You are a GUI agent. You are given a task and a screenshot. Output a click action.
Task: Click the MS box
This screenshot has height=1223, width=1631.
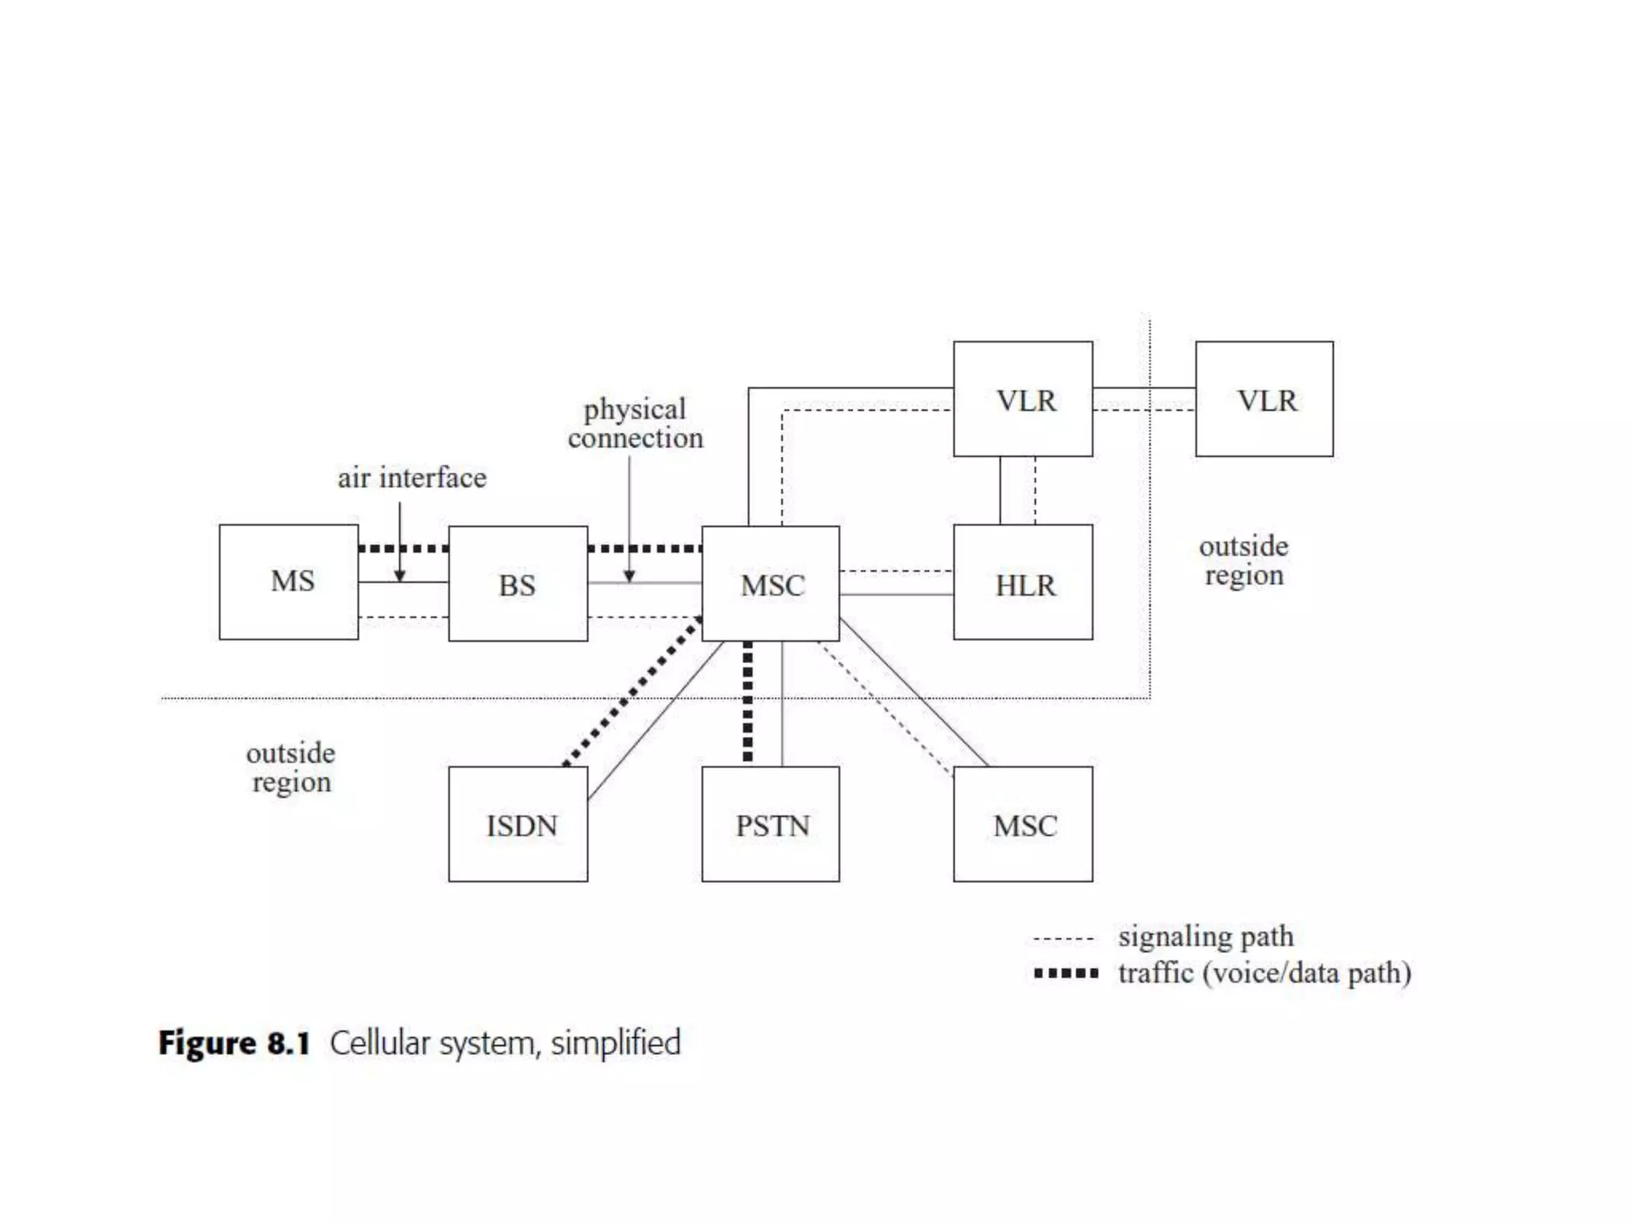click(288, 581)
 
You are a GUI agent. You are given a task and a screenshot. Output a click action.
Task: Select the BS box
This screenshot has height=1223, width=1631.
click(518, 584)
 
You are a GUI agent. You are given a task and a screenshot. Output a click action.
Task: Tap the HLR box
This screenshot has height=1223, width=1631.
click(1023, 582)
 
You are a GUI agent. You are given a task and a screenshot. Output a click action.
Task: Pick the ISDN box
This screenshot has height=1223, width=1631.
click(518, 824)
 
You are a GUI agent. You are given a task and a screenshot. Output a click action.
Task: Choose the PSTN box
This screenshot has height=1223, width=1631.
click(770, 824)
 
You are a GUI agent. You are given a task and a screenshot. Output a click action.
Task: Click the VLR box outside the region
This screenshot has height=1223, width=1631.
click(1264, 399)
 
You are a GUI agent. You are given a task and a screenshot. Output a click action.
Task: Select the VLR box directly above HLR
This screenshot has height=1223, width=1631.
click(1023, 399)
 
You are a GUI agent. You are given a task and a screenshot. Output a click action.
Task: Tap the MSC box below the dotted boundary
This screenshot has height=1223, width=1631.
click(1023, 824)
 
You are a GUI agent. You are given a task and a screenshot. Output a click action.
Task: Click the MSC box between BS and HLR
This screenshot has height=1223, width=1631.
click(770, 584)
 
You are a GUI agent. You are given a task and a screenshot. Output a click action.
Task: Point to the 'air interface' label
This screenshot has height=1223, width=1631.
click(412, 478)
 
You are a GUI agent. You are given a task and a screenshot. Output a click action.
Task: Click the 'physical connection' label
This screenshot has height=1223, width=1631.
click(635, 424)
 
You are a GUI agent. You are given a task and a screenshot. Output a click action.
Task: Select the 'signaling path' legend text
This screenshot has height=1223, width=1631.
click(1206, 936)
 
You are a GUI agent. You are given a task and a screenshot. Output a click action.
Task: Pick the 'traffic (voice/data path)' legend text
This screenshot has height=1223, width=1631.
click(1265, 973)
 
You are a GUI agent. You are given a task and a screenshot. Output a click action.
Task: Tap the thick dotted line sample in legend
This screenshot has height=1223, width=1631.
click(1066, 973)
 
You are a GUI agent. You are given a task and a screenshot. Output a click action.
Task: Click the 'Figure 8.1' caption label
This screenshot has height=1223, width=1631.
click(234, 1043)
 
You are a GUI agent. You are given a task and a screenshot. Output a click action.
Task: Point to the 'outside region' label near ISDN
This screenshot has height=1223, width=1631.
click(291, 768)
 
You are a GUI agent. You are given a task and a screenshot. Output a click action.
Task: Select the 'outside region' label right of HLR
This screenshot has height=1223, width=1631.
click(1243, 561)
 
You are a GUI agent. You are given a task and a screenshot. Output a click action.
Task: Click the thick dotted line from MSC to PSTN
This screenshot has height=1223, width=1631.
click(747, 701)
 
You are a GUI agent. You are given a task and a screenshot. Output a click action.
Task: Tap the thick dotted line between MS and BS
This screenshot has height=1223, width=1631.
click(403, 549)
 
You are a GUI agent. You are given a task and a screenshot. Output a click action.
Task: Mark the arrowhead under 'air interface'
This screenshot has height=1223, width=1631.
click(400, 576)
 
